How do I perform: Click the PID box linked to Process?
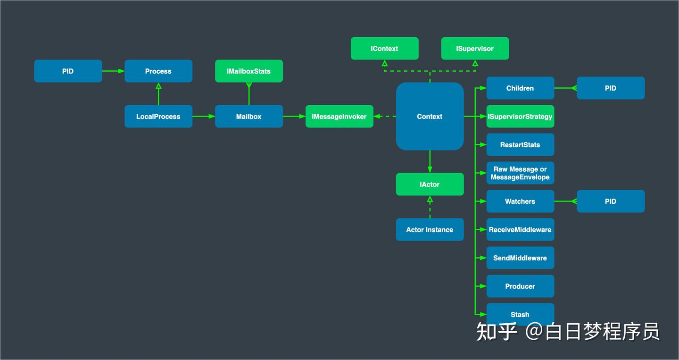(x=68, y=71)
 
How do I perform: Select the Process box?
(x=158, y=71)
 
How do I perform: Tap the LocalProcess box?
(x=158, y=117)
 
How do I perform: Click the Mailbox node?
(x=249, y=117)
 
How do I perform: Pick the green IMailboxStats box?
(x=249, y=71)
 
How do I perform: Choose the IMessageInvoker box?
(x=339, y=117)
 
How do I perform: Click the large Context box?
(x=430, y=117)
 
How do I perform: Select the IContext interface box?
(x=384, y=49)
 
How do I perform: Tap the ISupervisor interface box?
(x=475, y=49)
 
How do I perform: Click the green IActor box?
(x=430, y=184)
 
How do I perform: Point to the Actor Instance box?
(x=430, y=230)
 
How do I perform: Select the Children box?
(x=520, y=88)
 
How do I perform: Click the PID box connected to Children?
(x=611, y=88)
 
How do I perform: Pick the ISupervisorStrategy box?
(x=520, y=117)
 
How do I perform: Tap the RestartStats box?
(x=520, y=145)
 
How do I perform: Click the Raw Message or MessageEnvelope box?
(x=520, y=173)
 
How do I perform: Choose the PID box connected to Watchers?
(x=611, y=201)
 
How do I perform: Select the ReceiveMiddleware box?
(x=520, y=230)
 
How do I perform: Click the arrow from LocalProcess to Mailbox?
(x=204, y=117)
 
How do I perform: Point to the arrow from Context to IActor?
(x=430, y=161)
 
